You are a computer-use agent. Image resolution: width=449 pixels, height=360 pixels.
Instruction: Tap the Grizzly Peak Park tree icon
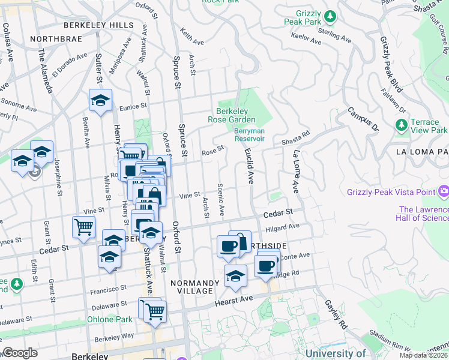click(330, 15)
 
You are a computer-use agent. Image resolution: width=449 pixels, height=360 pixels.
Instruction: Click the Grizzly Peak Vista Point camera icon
click(444, 192)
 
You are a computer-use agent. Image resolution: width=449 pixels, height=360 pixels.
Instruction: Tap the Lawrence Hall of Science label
click(422, 213)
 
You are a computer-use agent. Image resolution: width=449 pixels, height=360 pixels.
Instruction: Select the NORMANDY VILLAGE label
click(191, 287)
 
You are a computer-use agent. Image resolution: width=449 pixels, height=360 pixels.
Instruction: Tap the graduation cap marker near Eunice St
click(100, 100)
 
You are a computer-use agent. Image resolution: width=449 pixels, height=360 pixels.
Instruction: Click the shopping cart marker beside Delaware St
click(155, 311)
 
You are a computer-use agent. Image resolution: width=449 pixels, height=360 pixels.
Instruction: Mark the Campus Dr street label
click(363, 119)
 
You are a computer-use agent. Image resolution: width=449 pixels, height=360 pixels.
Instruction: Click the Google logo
click(20, 353)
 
